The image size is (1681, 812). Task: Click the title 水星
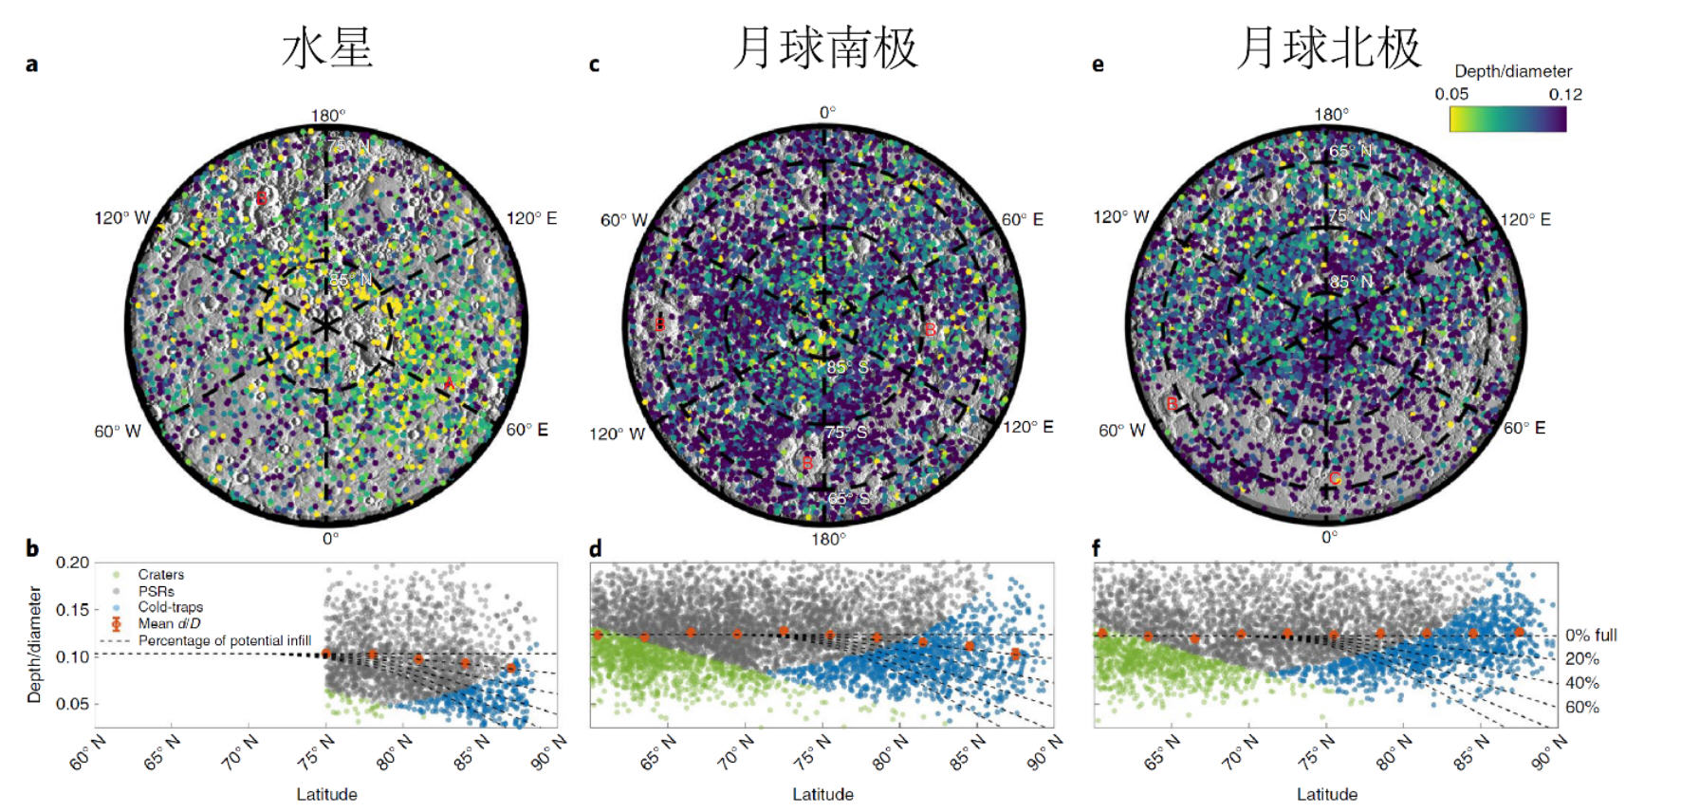click(x=327, y=47)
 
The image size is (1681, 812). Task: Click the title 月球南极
click(x=825, y=47)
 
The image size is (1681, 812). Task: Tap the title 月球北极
click(x=1329, y=47)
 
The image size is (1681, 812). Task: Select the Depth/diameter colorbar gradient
click(x=1507, y=119)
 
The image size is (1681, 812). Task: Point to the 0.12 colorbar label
click(x=1565, y=94)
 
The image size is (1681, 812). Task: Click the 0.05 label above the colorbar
click(x=1451, y=94)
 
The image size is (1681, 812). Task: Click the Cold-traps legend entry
click(x=170, y=607)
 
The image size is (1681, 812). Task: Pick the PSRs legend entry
click(x=156, y=591)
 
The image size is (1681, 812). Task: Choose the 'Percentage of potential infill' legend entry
click(x=224, y=640)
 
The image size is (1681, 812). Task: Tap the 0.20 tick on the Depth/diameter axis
click(x=72, y=563)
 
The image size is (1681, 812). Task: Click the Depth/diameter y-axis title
click(x=35, y=644)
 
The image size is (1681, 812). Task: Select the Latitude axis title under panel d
click(x=822, y=794)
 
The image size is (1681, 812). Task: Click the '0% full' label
click(x=1591, y=635)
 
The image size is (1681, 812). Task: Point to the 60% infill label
click(x=1581, y=707)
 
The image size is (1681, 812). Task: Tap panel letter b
click(x=32, y=548)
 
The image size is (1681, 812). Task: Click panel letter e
click(x=1098, y=65)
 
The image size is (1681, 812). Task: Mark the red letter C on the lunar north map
click(x=1335, y=478)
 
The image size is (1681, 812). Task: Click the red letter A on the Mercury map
click(x=449, y=383)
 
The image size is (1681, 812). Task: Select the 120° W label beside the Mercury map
click(x=121, y=218)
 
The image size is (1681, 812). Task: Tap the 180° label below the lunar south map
click(x=827, y=539)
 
